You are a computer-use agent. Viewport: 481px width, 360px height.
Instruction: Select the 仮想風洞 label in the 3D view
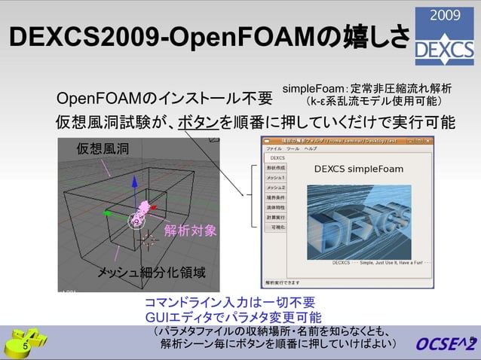pos(103,150)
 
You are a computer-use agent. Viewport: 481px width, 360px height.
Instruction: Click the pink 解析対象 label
pos(190,230)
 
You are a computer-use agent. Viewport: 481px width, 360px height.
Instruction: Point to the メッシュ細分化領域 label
pos(146,271)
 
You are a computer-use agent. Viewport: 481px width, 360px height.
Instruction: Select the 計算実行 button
pos(276,216)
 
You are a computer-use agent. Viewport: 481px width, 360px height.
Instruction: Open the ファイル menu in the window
pos(274,149)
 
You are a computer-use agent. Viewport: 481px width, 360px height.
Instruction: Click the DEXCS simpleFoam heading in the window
pos(358,169)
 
